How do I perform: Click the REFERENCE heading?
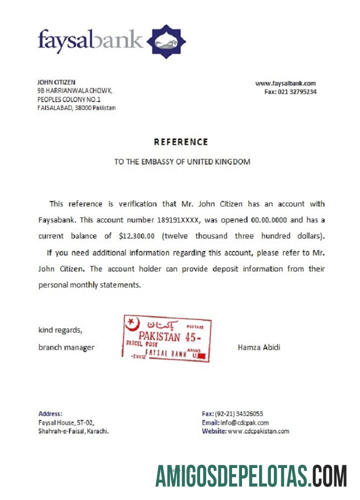pyautogui.click(x=180, y=142)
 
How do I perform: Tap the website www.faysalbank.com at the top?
pyautogui.click(x=285, y=83)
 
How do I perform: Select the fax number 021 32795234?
pyautogui.click(x=297, y=92)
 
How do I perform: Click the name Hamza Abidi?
pyautogui.click(x=259, y=347)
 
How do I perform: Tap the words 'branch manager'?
pyautogui.click(x=66, y=347)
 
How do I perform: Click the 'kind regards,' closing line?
pyautogui.click(x=60, y=330)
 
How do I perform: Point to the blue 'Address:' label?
pyautogui.click(x=50, y=413)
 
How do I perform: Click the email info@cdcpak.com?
pyautogui.click(x=244, y=422)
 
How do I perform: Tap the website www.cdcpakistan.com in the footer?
pyautogui.click(x=258, y=431)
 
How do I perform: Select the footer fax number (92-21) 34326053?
pyautogui.click(x=239, y=413)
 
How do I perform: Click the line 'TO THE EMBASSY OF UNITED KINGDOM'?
pyautogui.click(x=182, y=162)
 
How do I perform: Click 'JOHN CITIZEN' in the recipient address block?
pyautogui.click(x=56, y=82)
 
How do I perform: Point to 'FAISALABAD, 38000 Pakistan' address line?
pyautogui.click(x=76, y=107)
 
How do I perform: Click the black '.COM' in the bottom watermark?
pyautogui.click(x=328, y=475)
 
